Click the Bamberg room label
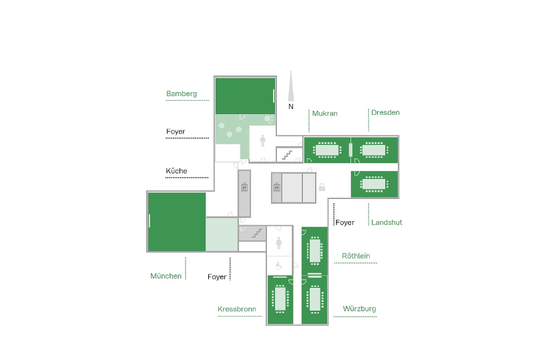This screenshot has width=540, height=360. click(182, 94)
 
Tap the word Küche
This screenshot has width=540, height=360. click(176, 172)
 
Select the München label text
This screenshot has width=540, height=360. click(166, 276)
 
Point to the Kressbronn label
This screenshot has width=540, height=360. click(237, 309)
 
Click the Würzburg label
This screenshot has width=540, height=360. click(359, 309)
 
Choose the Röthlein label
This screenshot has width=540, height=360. click(356, 256)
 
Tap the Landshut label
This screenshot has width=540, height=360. click(386, 222)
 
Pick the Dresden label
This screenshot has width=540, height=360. click(385, 112)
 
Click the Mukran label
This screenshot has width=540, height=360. click(324, 114)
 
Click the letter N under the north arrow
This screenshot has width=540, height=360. click(291, 106)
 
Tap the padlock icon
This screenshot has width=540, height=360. click(322, 188)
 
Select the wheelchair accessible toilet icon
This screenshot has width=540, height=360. click(279, 265)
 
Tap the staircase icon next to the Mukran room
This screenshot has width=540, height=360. click(288, 154)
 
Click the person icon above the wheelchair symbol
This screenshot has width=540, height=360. click(279, 245)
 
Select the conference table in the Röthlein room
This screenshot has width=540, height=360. click(314, 251)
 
